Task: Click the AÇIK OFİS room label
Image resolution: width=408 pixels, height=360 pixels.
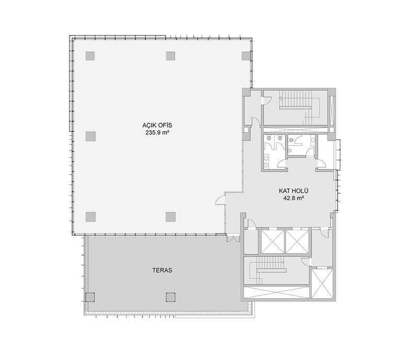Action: click(x=157, y=125)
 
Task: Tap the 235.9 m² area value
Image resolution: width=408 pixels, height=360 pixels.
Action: click(x=157, y=133)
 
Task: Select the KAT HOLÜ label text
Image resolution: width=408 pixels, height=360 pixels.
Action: click(x=293, y=191)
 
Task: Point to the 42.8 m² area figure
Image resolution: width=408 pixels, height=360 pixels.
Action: click(x=294, y=199)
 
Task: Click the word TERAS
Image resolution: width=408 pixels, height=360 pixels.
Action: click(x=162, y=270)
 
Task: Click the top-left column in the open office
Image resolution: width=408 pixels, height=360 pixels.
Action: click(x=90, y=56)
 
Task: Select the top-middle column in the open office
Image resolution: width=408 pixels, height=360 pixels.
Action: click(x=171, y=56)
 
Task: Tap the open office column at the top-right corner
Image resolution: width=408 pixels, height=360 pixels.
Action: click(x=246, y=56)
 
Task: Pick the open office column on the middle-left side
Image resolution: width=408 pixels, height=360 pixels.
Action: click(x=90, y=136)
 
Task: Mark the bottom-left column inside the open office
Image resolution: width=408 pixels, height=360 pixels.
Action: click(x=90, y=217)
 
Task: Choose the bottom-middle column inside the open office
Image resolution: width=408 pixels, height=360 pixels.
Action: click(x=171, y=217)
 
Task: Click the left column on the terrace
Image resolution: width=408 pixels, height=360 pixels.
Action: click(x=90, y=297)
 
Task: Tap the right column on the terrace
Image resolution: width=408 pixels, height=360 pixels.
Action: click(x=171, y=297)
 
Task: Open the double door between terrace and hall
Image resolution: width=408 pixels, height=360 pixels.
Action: click(x=233, y=239)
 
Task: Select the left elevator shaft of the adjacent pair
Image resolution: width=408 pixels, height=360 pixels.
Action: click(x=273, y=242)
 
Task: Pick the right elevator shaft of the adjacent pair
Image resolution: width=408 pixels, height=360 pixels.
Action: click(x=297, y=242)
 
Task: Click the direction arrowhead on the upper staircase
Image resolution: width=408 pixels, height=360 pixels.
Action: click(x=281, y=99)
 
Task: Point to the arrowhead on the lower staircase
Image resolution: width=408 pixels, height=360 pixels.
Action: click(x=283, y=262)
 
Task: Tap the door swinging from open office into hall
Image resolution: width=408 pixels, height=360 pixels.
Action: click(x=220, y=200)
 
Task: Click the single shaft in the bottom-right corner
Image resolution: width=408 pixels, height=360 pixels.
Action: click(x=322, y=284)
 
